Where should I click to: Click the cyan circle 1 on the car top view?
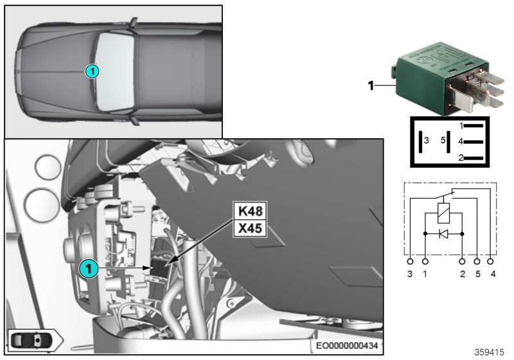[93, 71]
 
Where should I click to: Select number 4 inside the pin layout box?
[461, 141]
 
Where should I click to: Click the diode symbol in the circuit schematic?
[443, 233]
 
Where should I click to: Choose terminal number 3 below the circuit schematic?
[411, 274]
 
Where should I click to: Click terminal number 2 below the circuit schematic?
[462, 274]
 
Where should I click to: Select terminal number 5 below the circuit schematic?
[476, 274]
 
